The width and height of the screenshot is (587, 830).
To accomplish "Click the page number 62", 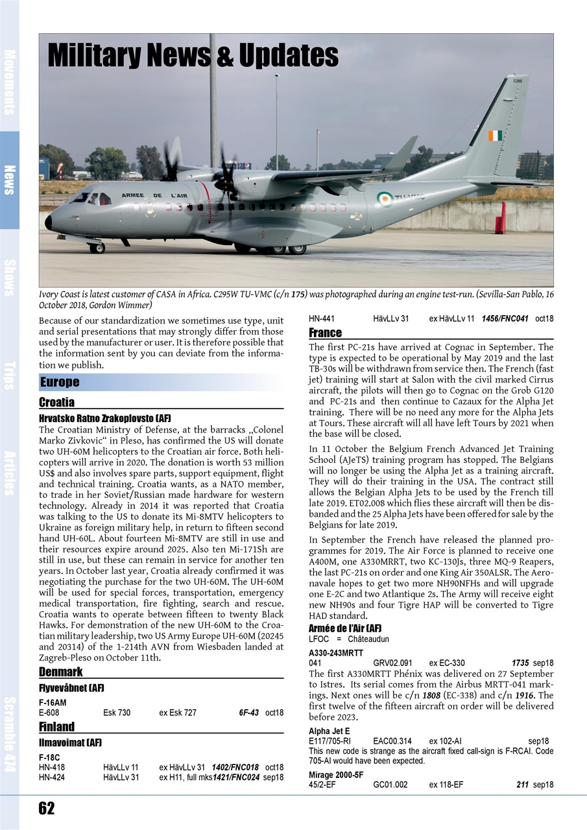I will tap(47, 808).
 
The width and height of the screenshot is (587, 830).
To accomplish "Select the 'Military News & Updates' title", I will tap(193, 57).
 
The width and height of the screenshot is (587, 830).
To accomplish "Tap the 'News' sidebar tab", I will tap(10, 180).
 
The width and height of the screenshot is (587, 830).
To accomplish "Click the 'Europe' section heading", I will tap(60, 382).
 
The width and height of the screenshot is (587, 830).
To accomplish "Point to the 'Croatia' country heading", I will tap(56, 402).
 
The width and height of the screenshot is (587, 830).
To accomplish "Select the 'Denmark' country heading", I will tap(60, 671).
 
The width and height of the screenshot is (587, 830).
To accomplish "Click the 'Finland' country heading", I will tap(56, 726).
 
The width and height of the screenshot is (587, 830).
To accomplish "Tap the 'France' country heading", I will tap(325, 333).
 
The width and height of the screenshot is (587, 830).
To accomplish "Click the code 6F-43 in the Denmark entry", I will tap(248, 713).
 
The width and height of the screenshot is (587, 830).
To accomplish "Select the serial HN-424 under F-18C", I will tap(52, 777).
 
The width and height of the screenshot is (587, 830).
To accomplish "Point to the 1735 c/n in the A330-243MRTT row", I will tap(520, 663).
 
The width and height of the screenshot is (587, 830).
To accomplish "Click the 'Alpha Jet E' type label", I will tap(329, 731).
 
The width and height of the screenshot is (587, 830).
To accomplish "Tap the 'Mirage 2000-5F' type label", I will tap(336, 774).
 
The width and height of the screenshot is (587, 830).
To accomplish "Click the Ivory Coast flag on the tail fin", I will tap(495, 136).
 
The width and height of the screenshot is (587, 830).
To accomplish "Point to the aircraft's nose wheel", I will tap(97, 248).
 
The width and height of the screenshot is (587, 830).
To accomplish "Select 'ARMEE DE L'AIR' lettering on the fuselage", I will tap(154, 196).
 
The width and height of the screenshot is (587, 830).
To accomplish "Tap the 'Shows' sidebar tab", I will tap(10, 278).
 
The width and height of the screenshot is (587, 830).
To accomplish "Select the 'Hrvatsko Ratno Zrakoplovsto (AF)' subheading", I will tap(105, 418).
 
